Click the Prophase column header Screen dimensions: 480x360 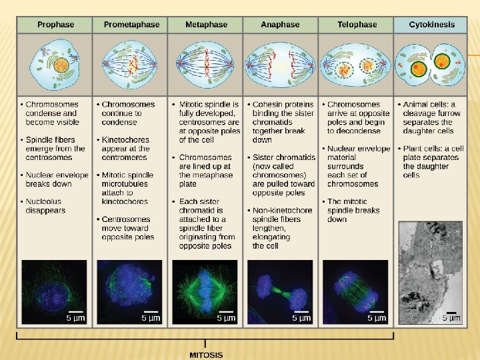(55, 25)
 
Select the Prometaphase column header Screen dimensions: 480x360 (131, 25)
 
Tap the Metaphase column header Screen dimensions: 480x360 (206, 25)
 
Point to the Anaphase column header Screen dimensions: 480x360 (280, 25)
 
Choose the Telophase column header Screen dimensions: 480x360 (357, 25)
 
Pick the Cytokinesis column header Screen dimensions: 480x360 (433, 25)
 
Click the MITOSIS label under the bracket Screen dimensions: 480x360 (206, 355)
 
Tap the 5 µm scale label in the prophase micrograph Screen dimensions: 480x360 (75, 318)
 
